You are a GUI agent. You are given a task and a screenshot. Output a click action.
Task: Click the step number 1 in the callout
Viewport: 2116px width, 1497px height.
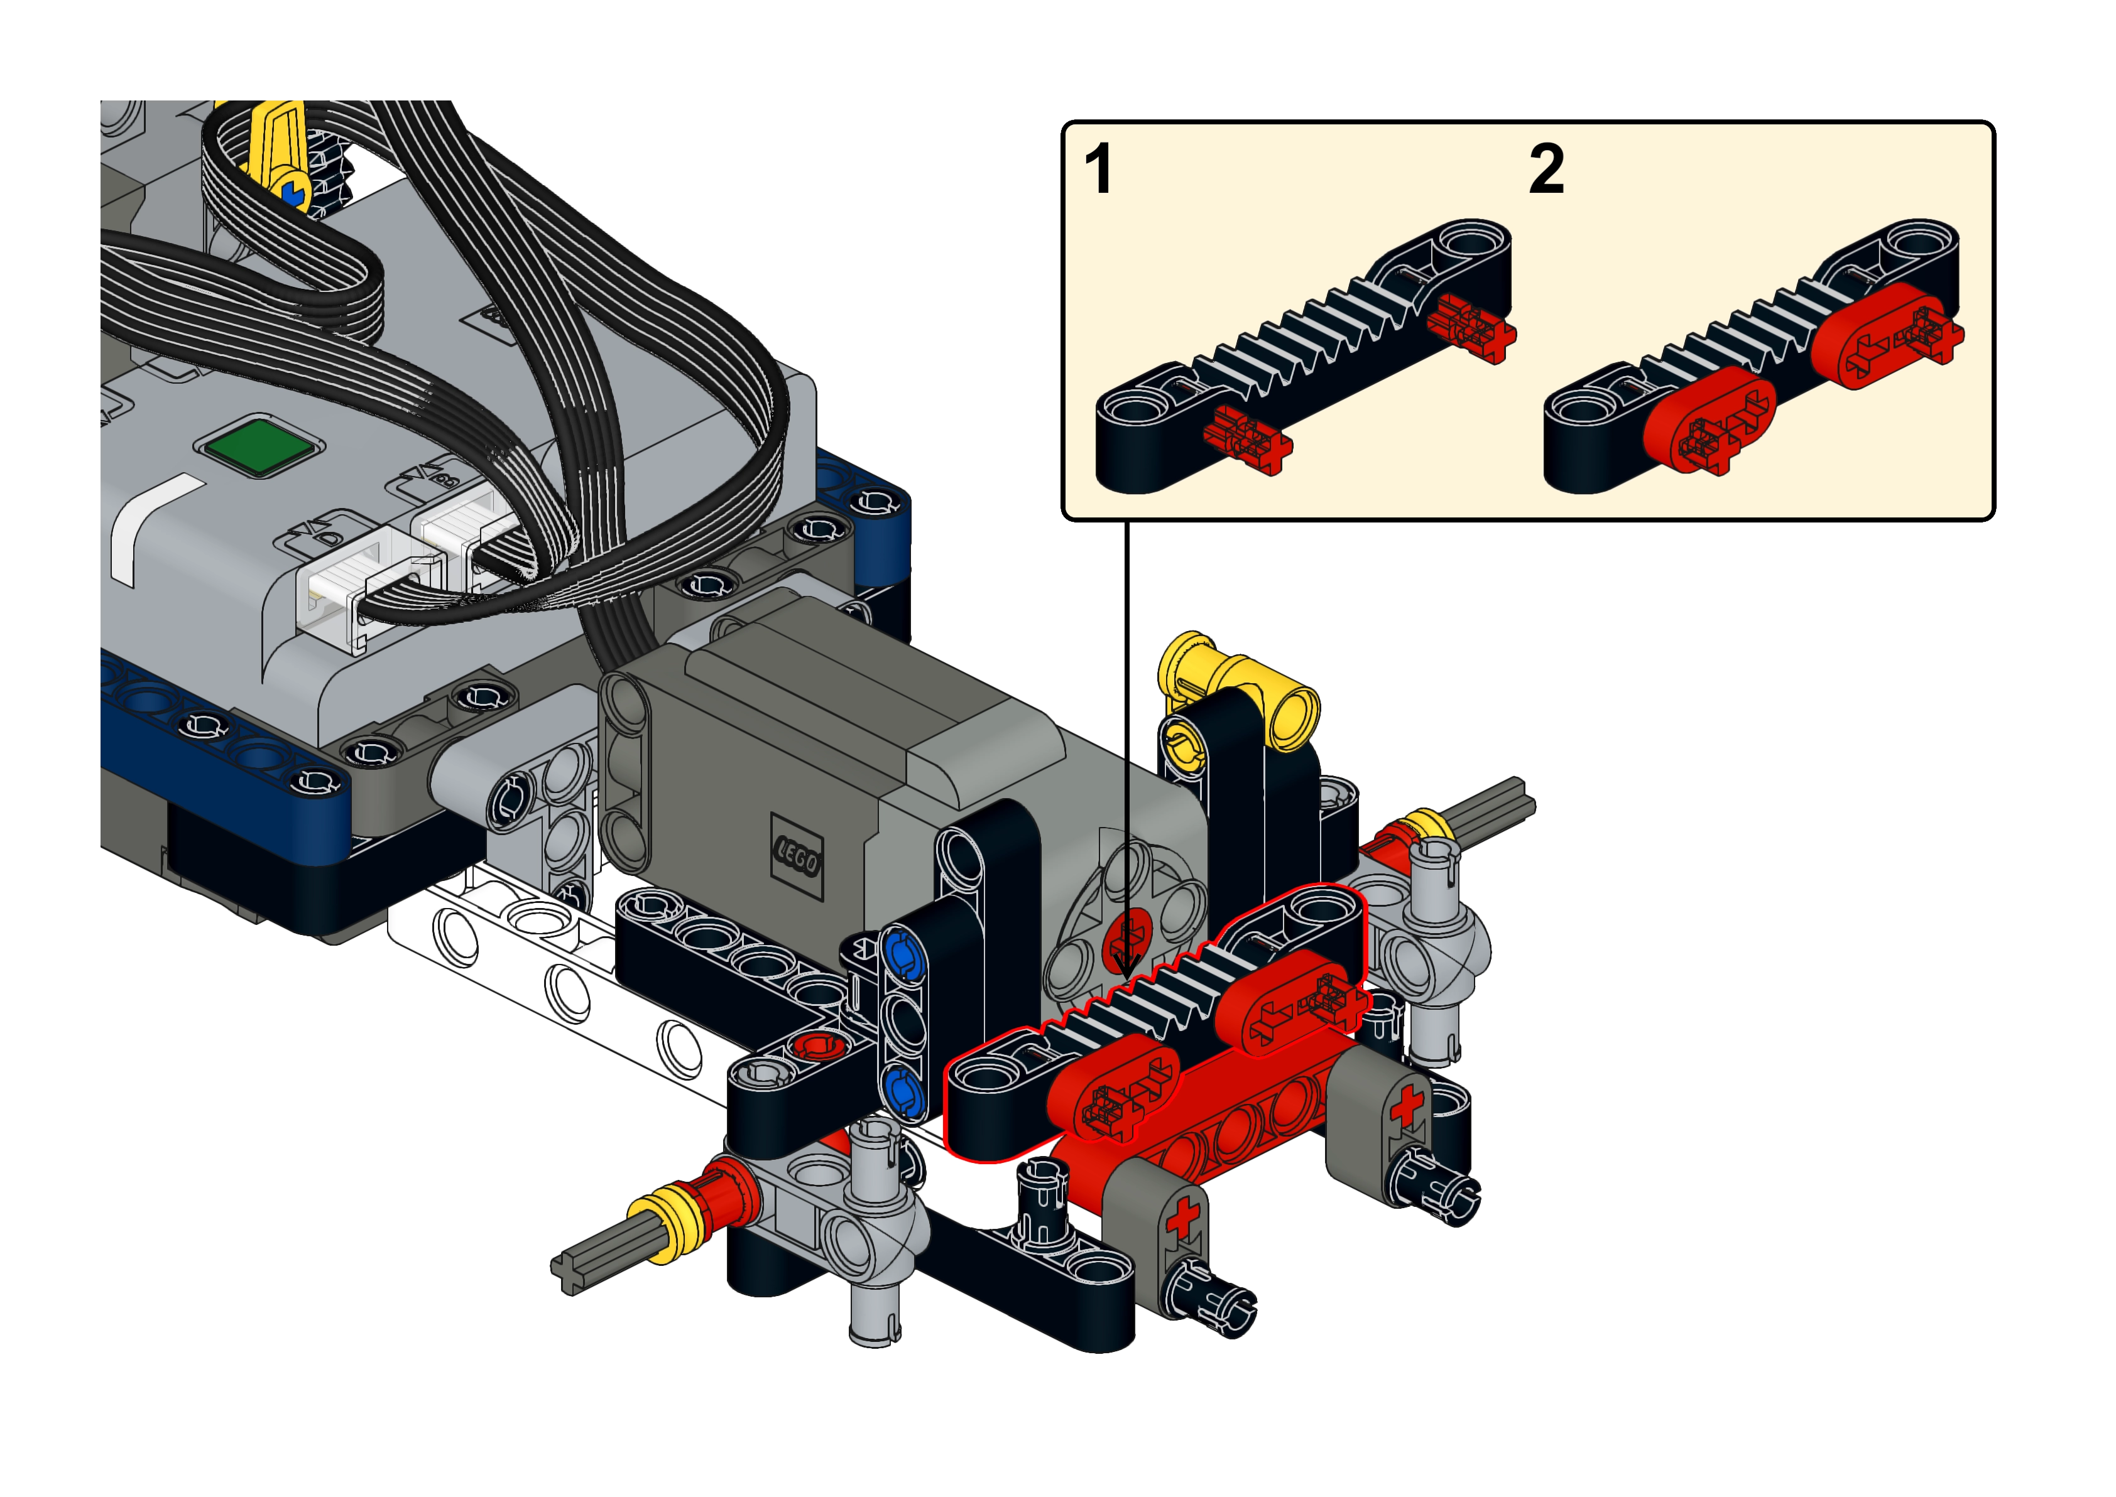[x=1099, y=169]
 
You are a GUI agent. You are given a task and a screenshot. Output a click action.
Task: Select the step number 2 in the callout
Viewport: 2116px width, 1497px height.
[x=1546, y=169]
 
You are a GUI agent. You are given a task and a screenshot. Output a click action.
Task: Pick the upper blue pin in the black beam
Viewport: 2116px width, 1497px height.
[x=903, y=956]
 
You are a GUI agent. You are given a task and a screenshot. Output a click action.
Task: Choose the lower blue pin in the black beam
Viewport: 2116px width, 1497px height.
[x=903, y=1091]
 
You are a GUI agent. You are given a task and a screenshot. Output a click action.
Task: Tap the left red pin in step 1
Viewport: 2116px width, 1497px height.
[x=1248, y=439]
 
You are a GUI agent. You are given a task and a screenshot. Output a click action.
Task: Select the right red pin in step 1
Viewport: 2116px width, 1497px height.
[x=1471, y=327]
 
